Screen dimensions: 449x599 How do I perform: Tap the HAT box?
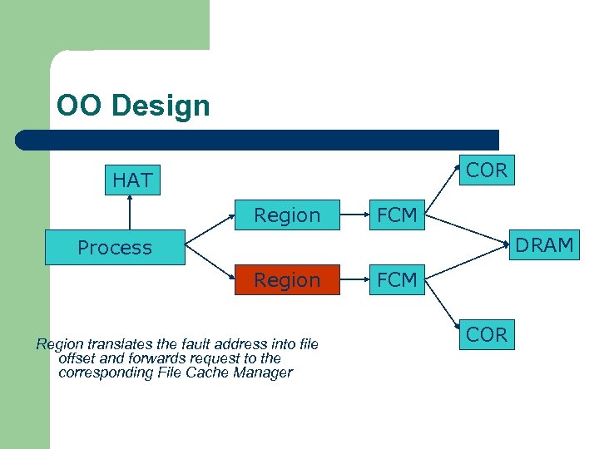132,180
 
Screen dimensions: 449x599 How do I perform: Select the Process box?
115,248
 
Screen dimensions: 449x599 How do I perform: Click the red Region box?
287,280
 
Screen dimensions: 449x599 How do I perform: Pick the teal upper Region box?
287,215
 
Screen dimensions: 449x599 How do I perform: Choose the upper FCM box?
397,215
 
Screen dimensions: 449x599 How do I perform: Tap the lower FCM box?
397,280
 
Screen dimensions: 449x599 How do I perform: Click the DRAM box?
543,245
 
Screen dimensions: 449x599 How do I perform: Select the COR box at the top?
487,170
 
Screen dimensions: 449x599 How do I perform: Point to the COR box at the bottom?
487,334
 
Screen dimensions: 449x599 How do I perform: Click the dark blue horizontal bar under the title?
258,140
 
